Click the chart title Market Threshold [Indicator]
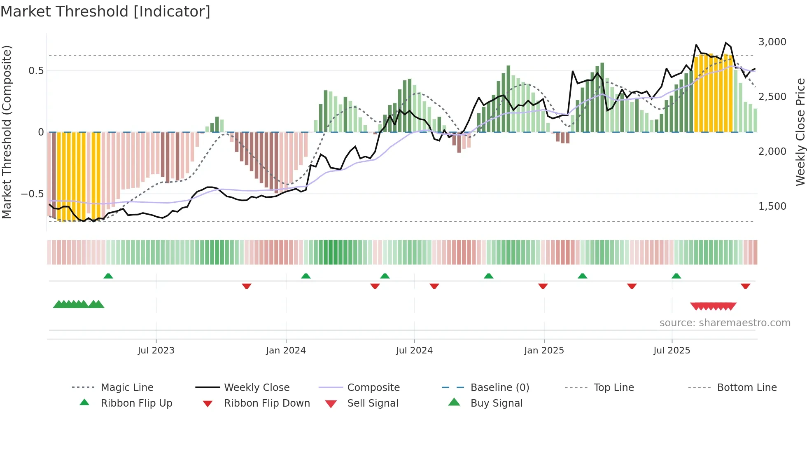pos(105,12)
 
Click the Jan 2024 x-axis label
pos(286,350)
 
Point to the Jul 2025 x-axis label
pos(672,350)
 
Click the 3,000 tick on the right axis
pos(772,42)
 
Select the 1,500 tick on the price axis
pos(772,206)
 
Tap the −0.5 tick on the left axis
pos(32,194)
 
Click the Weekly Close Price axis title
pos(800,132)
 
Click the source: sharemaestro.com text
pos(725,323)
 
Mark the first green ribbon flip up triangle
pos(108,276)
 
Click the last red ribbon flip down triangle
pos(745,286)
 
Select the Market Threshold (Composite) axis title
pos(7,132)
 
